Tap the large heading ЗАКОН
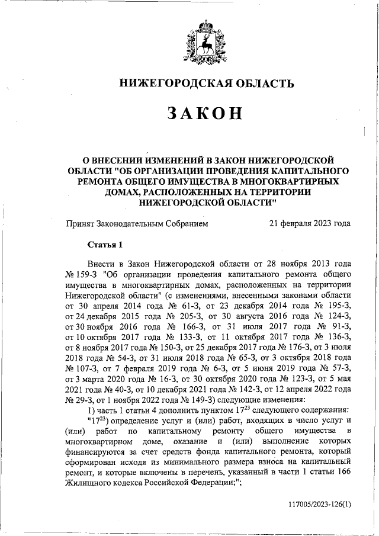coord(190,113)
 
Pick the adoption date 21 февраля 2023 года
coord(309,224)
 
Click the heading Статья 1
coord(105,244)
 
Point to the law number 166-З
coord(188,328)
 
